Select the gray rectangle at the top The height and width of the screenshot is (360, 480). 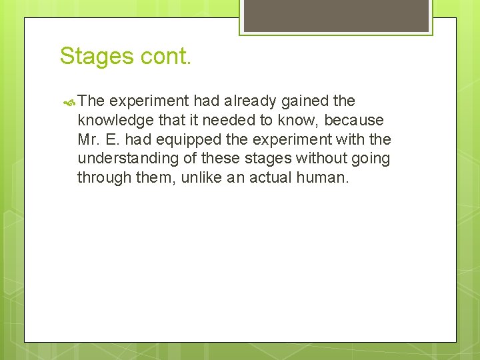[336, 15]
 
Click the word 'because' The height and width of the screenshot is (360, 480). [354, 121]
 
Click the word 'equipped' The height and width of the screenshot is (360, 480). [185, 140]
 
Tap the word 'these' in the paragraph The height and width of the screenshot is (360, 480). [219, 159]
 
